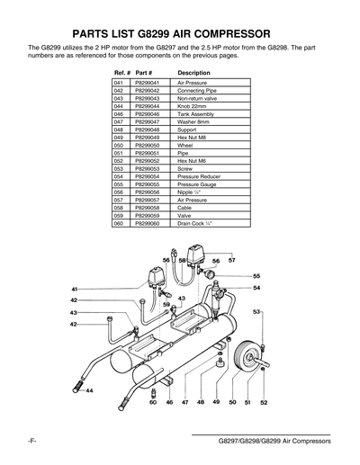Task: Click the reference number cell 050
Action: (119, 145)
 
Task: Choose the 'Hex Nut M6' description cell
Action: (194, 160)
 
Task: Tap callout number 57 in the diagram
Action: (231, 260)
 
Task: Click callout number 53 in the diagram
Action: (256, 312)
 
